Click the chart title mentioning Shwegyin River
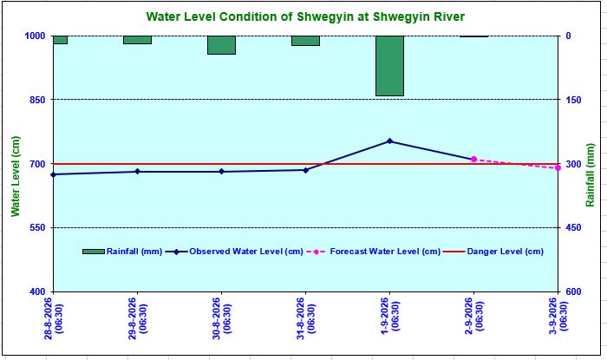[x=305, y=16]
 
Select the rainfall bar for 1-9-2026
[x=390, y=66]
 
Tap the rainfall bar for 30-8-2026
[x=221, y=45]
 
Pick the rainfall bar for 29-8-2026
[x=137, y=40]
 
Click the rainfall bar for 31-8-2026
[x=305, y=41]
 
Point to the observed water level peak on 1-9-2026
[x=390, y=141]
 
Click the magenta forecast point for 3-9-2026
[x=558, y=167]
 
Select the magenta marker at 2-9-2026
[x=473, y=159]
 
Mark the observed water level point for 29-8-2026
[x=137, y=172]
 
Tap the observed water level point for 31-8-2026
[x=305, y=170]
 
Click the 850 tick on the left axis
[x=38, y=100]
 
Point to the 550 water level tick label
[x=38, y=227]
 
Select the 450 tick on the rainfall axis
[x=574, y=227]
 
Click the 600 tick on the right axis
[x=574, y=291]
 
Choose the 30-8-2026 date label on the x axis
[x=221, y=318]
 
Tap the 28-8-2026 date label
[x=54, y=318]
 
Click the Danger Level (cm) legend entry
[x=493, y=252]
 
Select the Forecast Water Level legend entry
[x=373, y=252]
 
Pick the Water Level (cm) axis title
[x=15, y=176]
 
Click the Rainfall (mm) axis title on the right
[x=590, y=175]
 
